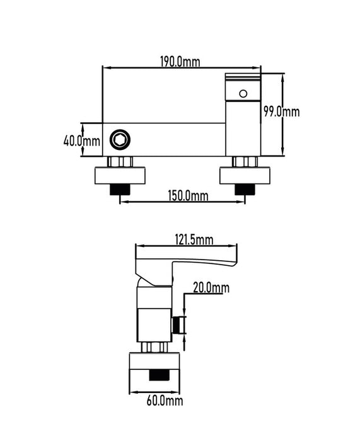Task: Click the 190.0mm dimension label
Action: coord(180,61)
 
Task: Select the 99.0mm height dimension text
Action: coord(282,112)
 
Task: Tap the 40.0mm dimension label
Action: coord(82,140)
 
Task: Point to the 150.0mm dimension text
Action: coord(188,195)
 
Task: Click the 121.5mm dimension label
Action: coord(194,240)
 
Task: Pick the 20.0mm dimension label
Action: coord(211,287)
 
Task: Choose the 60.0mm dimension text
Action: coord(165,401)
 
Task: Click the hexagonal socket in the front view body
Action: coord(120,139)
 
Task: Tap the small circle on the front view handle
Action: coord(243,94)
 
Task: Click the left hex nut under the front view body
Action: coord(120,162)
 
